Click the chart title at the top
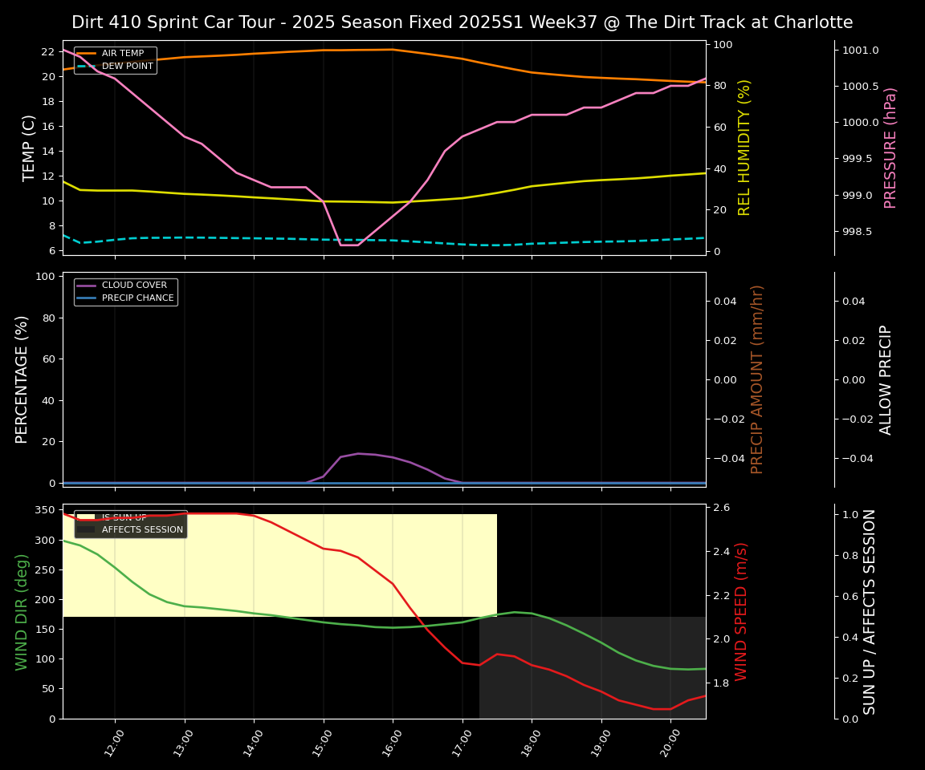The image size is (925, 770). [462, 22]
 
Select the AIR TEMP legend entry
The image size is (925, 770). [122, 54]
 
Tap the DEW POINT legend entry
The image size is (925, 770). [127, 67]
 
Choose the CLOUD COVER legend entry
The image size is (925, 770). [134, 286]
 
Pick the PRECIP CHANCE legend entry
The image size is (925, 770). [137, 298]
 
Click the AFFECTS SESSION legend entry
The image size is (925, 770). [142, 530]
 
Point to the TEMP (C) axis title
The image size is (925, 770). [30, 148]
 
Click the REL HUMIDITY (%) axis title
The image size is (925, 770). [744, 148]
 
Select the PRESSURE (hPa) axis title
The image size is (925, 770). [890, 148]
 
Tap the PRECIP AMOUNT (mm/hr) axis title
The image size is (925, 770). [757, 379]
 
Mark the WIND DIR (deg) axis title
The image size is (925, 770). [22, 611]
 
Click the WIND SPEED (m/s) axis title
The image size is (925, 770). [741, 611]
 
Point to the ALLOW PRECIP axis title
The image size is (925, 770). [886, 379]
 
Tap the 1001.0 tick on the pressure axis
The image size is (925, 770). [860, 51]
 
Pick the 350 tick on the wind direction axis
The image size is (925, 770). [46, 510]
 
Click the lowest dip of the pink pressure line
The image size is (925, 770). [349, 245]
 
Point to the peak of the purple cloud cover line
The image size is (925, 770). [358, 453]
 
